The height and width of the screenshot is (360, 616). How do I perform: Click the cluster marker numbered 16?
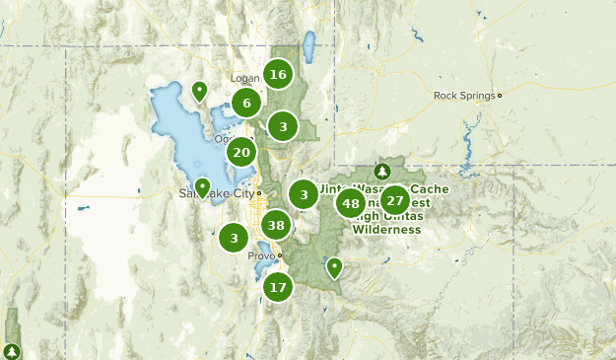tap(278, 74)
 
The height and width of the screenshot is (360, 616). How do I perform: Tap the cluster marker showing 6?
tap(246, 102)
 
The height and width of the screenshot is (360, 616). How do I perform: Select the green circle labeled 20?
tap(241, 152)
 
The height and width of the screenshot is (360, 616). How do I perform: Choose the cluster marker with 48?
tap(350, 204)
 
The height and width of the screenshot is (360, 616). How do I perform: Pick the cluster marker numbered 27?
tap(394, 199)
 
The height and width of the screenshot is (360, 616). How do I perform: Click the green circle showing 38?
tap(276, 226)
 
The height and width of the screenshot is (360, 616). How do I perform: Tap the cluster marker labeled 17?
tap(278, 288)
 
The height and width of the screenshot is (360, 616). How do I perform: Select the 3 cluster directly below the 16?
tap(283, 126)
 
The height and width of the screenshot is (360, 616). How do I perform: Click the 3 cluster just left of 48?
tap(305, 194)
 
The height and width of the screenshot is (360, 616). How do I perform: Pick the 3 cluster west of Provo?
tap(234, 237)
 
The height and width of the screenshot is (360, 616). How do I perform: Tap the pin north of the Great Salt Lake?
tap(199, 92)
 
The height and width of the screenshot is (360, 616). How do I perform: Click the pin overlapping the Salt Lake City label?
tap(202, 186)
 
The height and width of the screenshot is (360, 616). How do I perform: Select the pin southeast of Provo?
tap(334, 266)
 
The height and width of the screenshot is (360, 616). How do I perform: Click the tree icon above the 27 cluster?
tap(382, 171)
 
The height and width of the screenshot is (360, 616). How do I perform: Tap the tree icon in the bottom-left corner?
tap(11, 350)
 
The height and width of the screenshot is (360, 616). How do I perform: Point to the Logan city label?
tap(243, 78)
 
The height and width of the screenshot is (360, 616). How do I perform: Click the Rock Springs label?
tap(464, 96)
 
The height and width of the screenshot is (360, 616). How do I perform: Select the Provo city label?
tap(261, 255)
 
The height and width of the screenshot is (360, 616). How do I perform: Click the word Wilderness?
tap(388, 230)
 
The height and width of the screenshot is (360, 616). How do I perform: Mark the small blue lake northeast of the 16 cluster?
tap(308, 45)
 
